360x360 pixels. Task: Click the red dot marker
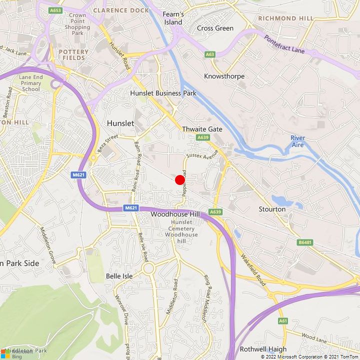click(x=180, y=180)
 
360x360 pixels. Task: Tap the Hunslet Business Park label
click(x=163, y=93)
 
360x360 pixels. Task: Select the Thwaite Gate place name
click(x=202, y=128)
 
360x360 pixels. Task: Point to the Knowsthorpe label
click(x=224, y=76)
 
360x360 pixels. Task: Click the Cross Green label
click(x=215, y=28)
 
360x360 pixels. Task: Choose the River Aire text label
click(x=298, y=141)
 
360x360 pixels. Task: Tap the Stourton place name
click(x=272, y=209)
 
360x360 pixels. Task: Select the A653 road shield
click(x=55, y=10)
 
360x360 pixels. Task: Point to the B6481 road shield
click(x=304, y=242)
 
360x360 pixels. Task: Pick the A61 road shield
click(x=283, y=320)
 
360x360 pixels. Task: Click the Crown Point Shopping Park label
click(x=77, y=24)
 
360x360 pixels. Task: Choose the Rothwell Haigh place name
click(x=263, y=349)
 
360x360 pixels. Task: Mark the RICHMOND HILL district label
click(x=286, y=18)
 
